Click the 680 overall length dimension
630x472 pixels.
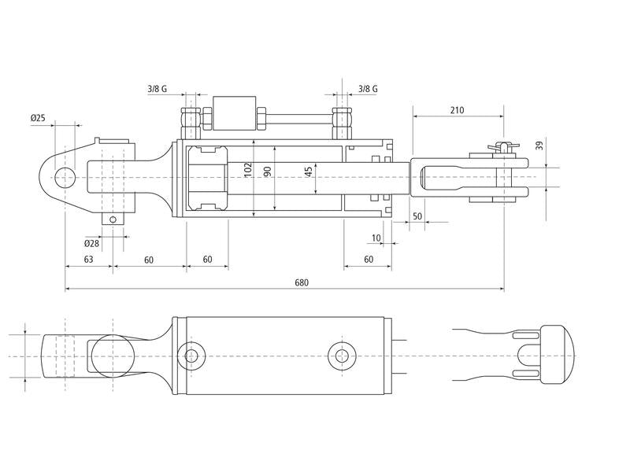click(301, 282)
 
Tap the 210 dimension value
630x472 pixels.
click(457, 109)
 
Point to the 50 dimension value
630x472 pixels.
click(417, 215)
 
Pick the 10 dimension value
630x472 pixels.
click(376, 237)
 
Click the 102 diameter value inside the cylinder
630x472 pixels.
click(247, 171)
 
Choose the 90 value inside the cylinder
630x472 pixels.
click(268, 171)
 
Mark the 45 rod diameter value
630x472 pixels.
click(309, 171)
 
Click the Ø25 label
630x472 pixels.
click(38, 118)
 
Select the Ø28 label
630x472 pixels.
click(91, 244)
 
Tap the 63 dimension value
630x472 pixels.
click(88, 259)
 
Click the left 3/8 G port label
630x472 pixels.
click(157, 89)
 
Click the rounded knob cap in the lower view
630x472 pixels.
click(554, 355)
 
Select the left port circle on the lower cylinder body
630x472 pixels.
click(191, 356)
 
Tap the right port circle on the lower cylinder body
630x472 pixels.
click(341, 356)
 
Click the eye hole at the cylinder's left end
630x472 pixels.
click(65, 176)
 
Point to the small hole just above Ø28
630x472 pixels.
click(113, 219)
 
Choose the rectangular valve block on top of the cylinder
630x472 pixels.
click(233, 112)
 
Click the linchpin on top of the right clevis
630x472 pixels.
click(498, 146)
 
